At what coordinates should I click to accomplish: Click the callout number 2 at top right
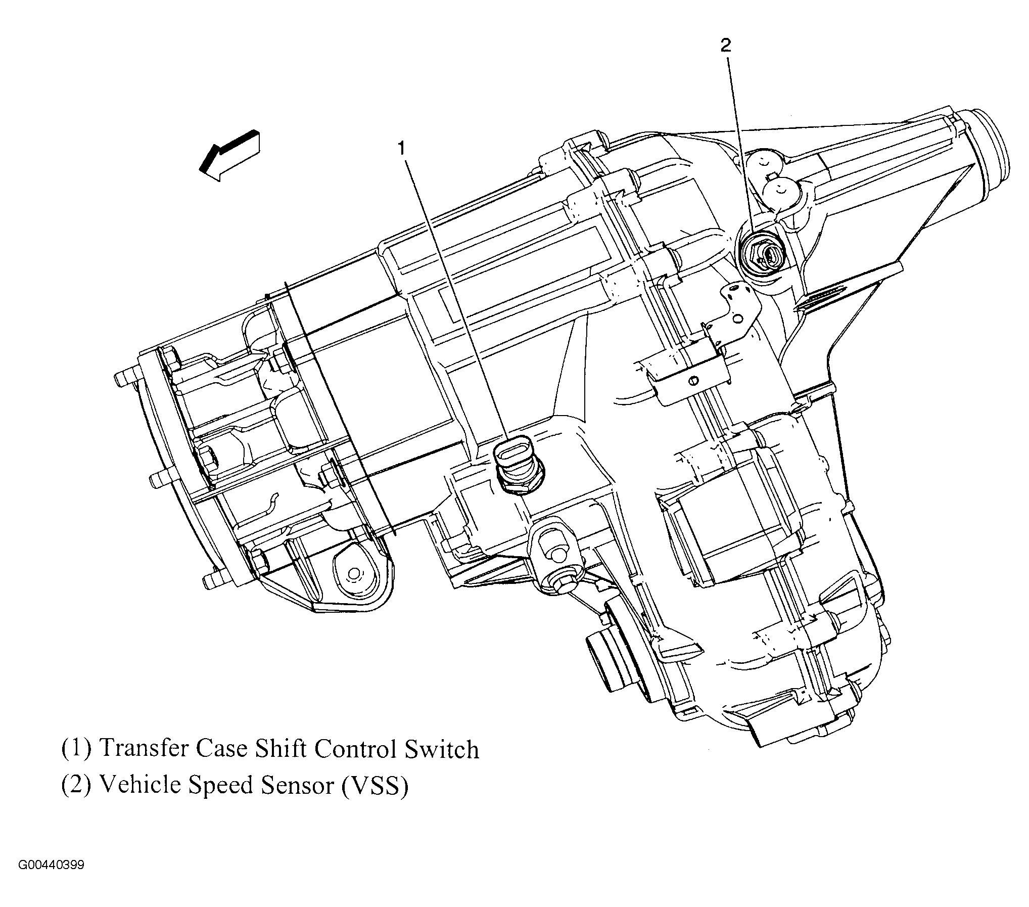pos(725,46)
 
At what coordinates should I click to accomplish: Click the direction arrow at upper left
pos(230,156)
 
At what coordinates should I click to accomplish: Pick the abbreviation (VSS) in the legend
pos(375,786)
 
